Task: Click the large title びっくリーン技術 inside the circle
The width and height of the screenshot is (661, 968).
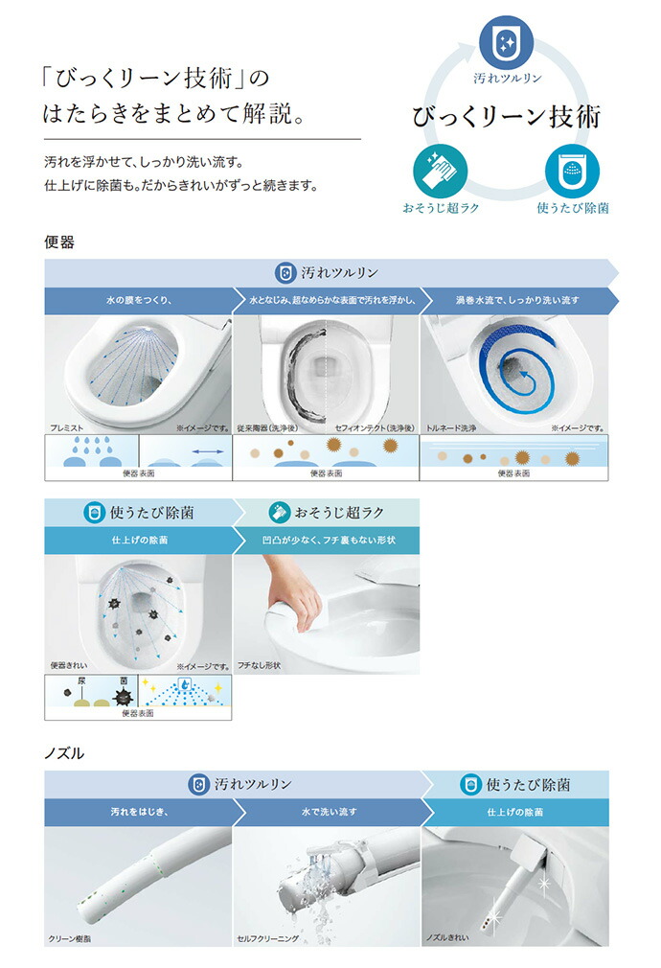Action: point(507,117)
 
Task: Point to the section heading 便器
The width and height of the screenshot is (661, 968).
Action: point(59,242)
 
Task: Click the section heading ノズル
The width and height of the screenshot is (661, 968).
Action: point(65,753)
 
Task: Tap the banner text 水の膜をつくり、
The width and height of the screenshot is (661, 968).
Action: point(138,300)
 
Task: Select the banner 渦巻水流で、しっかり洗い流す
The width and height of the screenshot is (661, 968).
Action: point(516,300)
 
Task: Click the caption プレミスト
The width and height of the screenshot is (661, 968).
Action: point(69,429)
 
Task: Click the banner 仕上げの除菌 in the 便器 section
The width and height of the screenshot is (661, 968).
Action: point(138,540)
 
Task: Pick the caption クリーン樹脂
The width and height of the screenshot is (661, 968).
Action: point(73,939)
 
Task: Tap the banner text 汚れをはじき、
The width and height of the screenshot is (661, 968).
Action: point(138,812)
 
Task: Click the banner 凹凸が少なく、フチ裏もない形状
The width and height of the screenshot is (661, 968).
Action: point(327,540)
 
